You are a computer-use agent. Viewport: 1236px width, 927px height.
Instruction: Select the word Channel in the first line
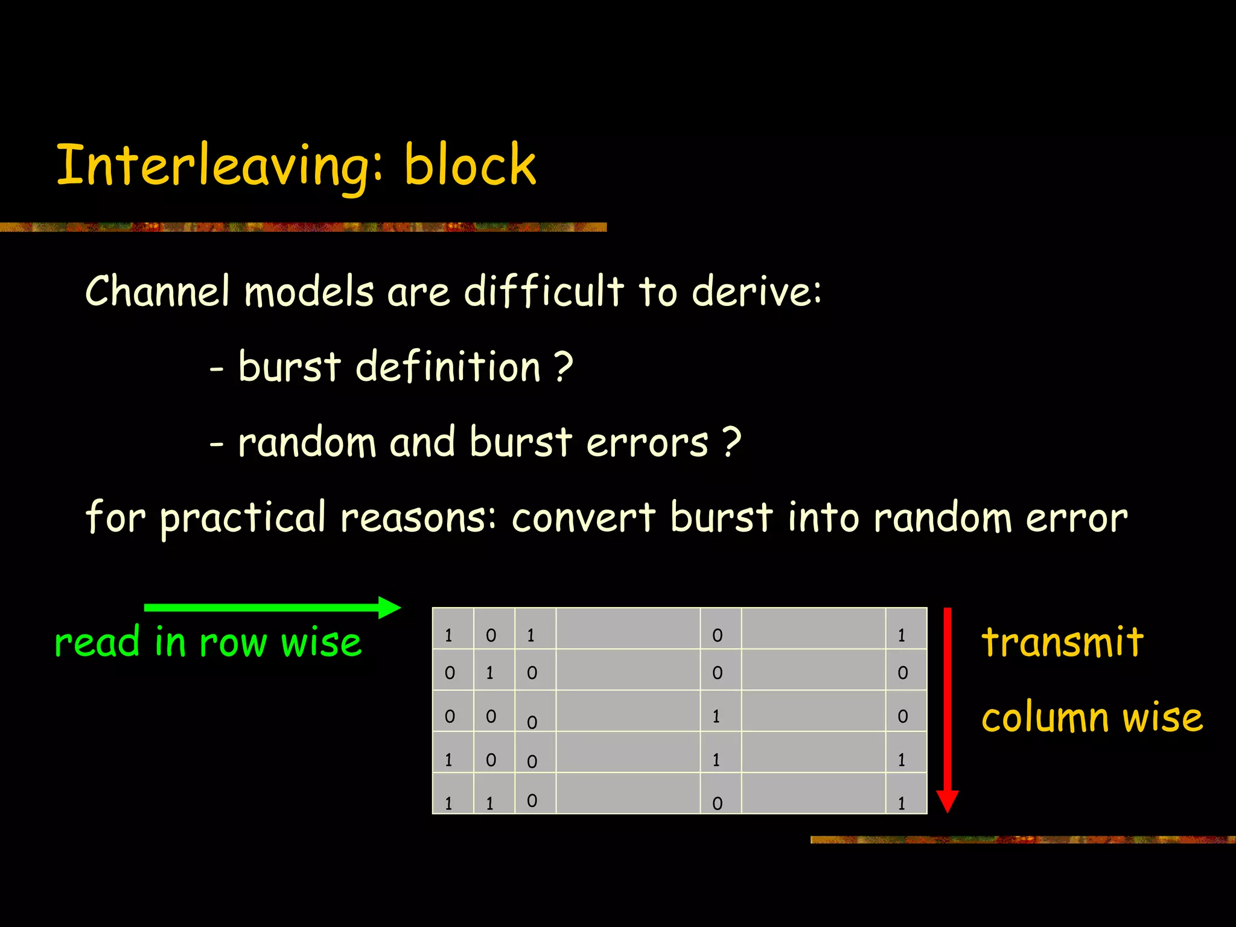[158, 291]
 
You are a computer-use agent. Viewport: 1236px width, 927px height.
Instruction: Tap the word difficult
[543, 291]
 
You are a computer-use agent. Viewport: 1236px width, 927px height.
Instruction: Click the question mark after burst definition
[562, 366]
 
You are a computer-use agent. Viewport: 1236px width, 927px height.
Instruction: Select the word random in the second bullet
[307, 442]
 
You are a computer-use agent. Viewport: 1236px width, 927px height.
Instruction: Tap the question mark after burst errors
[731, 442]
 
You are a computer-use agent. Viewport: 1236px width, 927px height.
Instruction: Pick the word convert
[583, 518]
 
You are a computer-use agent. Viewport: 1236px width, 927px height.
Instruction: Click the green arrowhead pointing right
[389, 607]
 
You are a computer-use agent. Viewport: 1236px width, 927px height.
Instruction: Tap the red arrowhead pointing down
[947, 801]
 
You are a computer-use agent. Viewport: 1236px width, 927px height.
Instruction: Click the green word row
[232, 642]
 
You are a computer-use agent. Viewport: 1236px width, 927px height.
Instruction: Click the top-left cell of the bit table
[453, 629]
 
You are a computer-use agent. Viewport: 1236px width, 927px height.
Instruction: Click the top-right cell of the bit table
[906, 629]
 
